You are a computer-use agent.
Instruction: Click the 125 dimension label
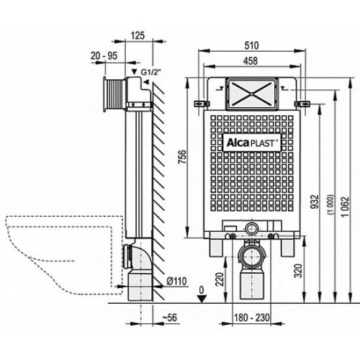pos(138,35)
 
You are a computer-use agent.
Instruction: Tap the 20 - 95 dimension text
pos(104,56)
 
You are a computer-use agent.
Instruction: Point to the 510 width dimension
pos(251,45)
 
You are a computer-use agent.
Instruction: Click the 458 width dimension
pos(251,61)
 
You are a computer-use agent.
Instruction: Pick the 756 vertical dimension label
pos(182,157)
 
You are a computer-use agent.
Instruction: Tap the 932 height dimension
pos(315,202)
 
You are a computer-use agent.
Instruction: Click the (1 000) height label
pos(330,204)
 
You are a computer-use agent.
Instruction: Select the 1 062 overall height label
pos(345,207)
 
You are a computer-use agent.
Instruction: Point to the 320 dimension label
pos(298,271)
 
